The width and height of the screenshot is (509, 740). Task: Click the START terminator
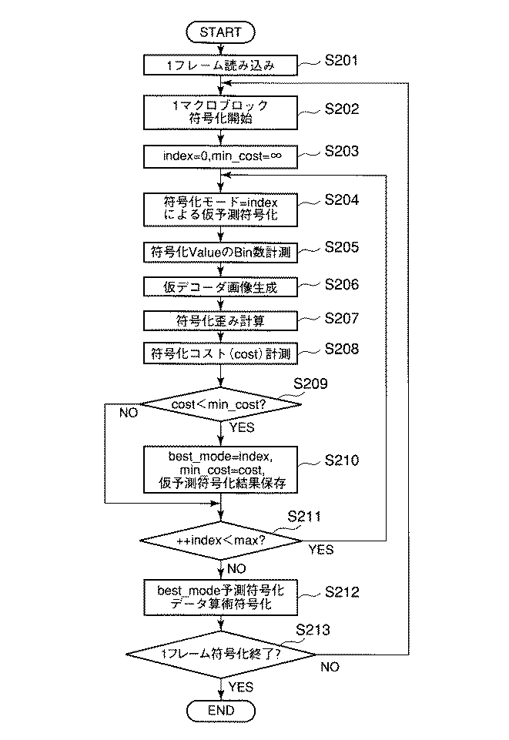tap(220, 32)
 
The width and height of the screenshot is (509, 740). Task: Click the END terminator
tap(220, 709)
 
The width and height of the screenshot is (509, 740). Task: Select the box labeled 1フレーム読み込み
tap(220, 67)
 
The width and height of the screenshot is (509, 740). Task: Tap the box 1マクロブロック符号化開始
tap(220, 112)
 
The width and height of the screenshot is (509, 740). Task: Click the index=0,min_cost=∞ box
tap(220, 156)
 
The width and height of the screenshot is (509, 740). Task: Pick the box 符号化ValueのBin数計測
tap(220, 252)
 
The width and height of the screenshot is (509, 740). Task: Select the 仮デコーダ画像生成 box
tap(220, 287)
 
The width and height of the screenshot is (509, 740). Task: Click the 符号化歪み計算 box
tap(220, 320)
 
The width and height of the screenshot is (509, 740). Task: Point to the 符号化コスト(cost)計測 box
tap(220, 353)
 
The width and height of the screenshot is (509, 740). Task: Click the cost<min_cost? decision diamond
tap(220, 403)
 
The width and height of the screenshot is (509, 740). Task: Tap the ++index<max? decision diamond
tap(220, 541)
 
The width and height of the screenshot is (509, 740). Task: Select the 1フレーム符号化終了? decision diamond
tap(220, 654)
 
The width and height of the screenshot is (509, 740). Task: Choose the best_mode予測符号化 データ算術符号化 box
tap(220, 598)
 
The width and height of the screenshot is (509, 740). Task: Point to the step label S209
tap(313, 380)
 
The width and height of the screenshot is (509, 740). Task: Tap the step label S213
tap(313, 630)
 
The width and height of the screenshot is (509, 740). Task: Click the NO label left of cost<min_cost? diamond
tap(129, 414)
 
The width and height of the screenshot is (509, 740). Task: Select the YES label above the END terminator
tap(242, 685)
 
